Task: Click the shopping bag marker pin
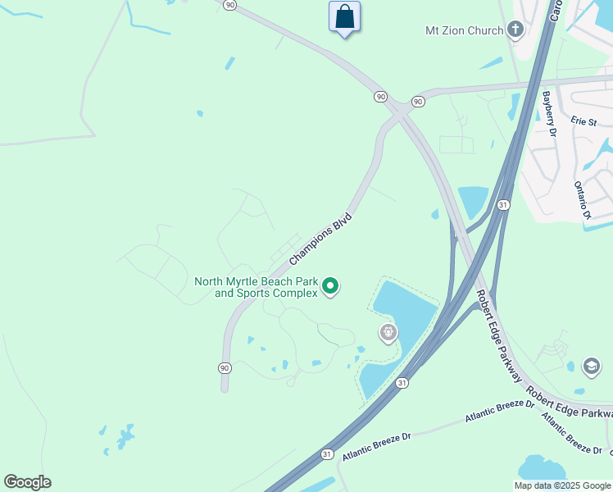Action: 344,17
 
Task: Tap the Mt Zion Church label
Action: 464,31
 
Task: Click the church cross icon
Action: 515,31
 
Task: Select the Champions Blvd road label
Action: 320,239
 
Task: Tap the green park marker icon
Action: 330,286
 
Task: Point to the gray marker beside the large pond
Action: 388,333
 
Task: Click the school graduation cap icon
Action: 591,366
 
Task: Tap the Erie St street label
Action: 583,121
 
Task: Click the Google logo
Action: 27,482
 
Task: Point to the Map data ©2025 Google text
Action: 562,485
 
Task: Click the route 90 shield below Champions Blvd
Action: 224,367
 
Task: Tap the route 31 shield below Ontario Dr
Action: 503,204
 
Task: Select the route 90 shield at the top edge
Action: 230,5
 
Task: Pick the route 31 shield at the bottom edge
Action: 327,454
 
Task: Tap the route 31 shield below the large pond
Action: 401,383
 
